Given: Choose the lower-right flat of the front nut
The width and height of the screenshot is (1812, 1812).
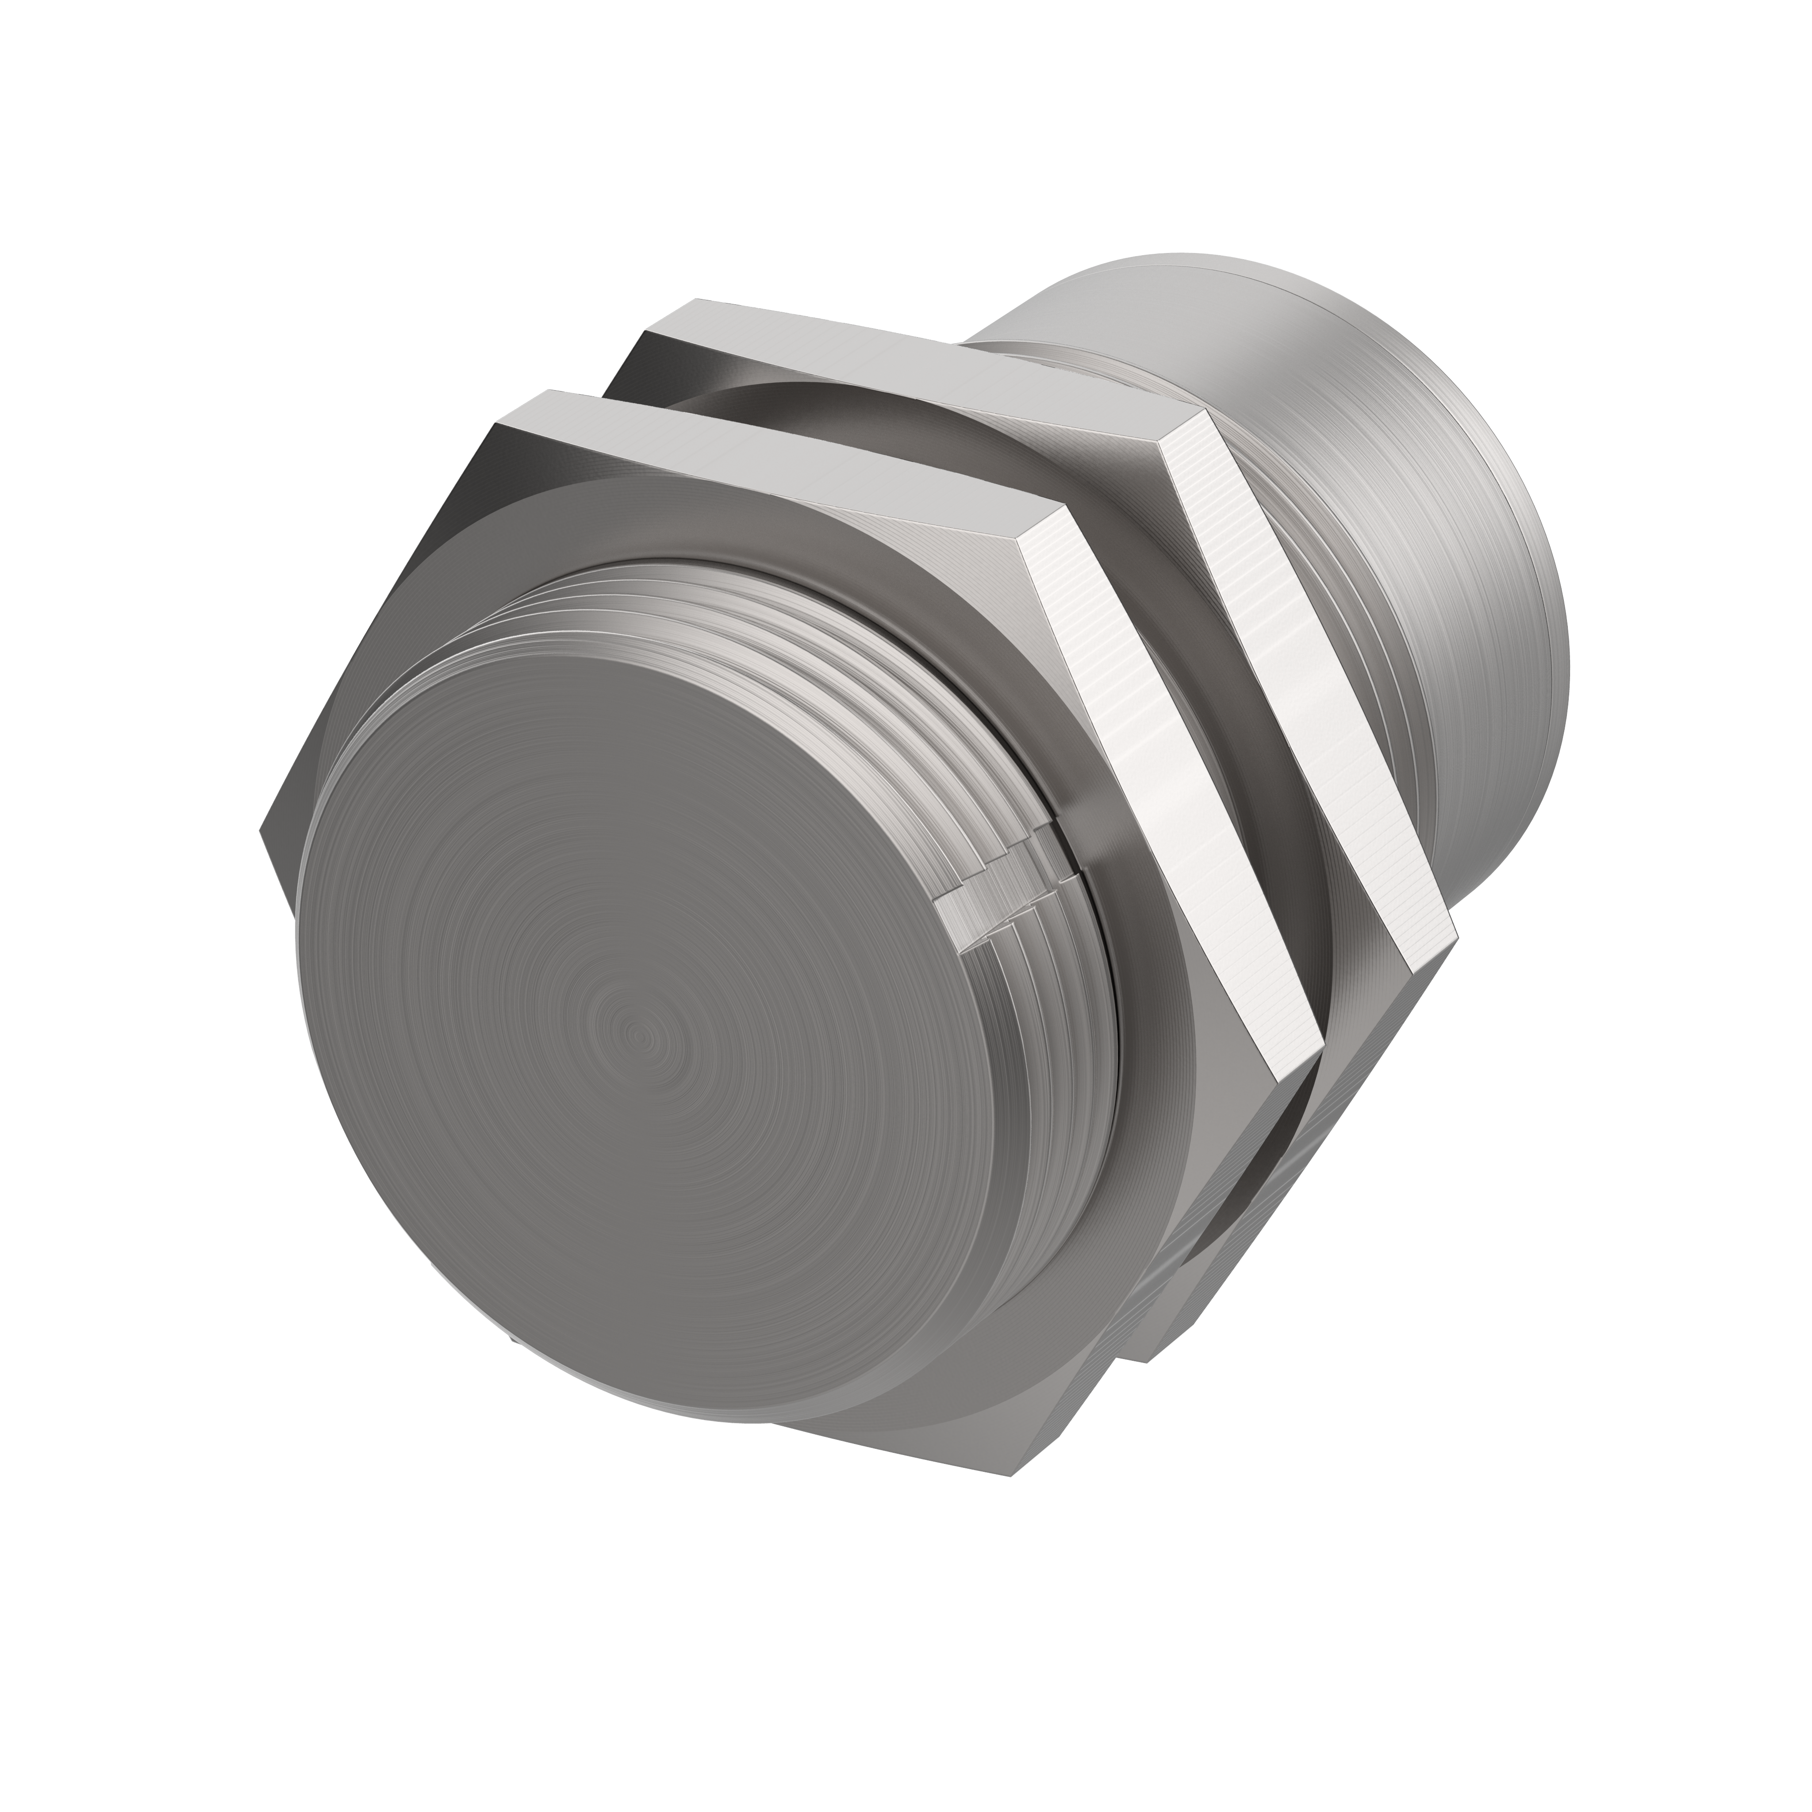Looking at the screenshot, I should click(x=1210, y=1248).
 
